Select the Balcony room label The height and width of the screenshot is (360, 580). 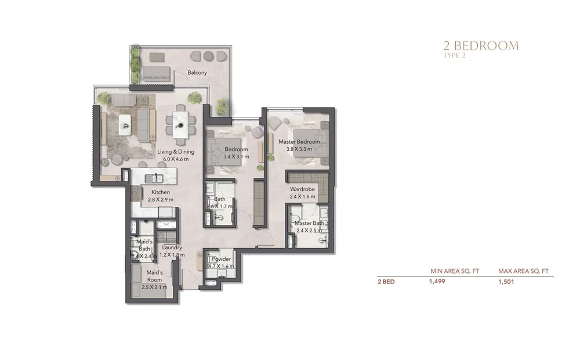[197, 73]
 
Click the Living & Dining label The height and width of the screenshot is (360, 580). [176, 152]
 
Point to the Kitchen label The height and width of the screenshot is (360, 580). [161, 192]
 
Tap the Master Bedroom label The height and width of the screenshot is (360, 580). [299, 142]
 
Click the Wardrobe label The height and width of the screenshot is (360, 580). [302, 189]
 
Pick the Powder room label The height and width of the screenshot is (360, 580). [222, 259]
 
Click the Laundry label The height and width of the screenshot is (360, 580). [172, 248]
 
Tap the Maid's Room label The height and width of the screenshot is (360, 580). [154, 276]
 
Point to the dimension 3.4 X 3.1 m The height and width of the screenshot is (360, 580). [236, 157]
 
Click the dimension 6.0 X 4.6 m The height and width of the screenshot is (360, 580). [176, 159]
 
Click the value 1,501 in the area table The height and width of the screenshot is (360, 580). [506, 283]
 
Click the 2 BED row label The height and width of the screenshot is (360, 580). [387, 283]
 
